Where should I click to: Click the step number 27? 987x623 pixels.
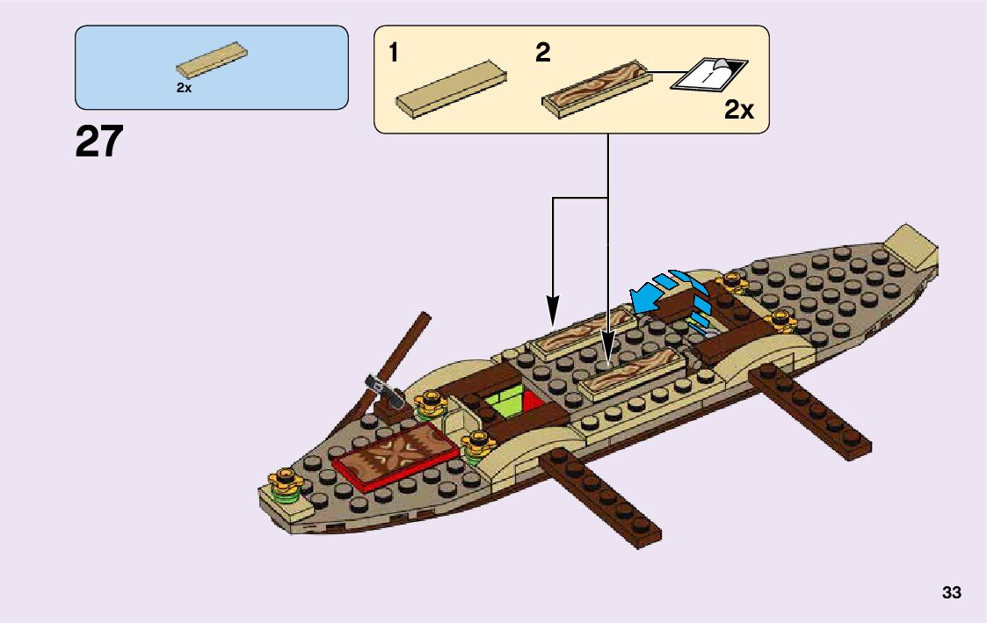pos(99,142)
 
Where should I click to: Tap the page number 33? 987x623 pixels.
pos(951,593)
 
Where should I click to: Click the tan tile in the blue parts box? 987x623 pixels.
pos(212,59)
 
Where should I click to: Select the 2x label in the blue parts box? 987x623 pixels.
pos(184,88)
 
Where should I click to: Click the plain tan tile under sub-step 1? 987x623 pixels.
pos(451,88)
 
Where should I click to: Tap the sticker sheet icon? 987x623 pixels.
pos(708,75)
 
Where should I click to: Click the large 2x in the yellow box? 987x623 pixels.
pos(739,111)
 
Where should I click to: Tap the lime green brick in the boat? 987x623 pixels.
pos(505,407)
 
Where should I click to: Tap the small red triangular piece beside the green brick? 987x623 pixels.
pos(533,403)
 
